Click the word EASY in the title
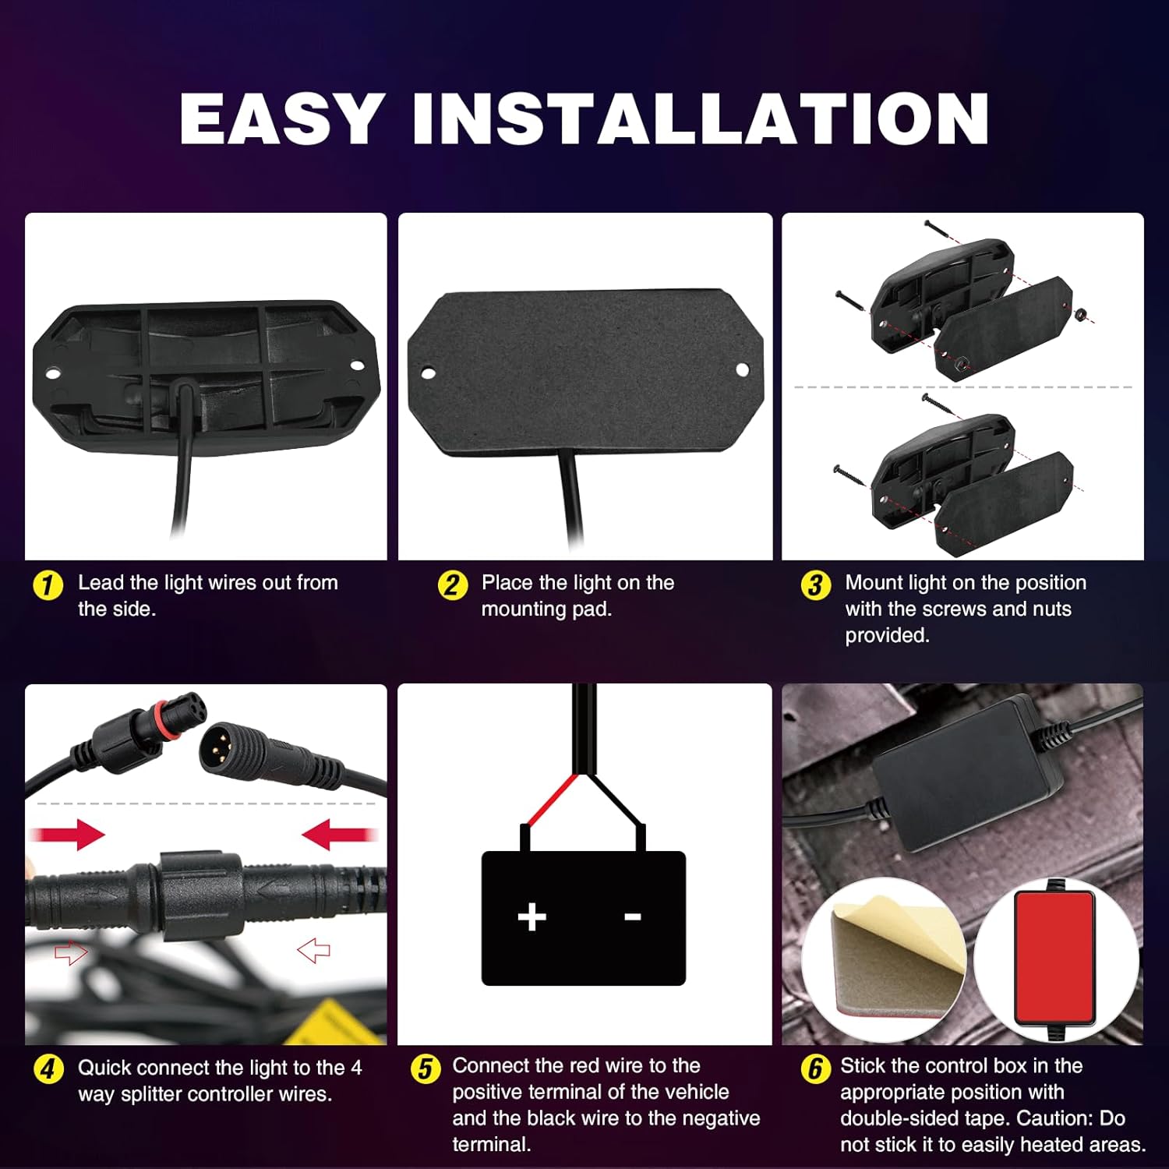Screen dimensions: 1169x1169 (281, 118)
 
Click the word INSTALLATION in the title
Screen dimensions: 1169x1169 (701, 118)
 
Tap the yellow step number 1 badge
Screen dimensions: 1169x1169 (48, 584)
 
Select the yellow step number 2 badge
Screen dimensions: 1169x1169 (452, 584)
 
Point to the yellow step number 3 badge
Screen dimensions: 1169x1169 (815, 584)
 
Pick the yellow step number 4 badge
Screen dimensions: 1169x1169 (48, 1068)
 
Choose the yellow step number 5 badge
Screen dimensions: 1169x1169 (425, 1068)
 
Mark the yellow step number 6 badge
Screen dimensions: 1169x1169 (815, 1068)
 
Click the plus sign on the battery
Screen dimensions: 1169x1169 (532, 916)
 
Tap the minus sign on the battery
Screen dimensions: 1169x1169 (633, 916)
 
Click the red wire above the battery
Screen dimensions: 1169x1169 (550, 800)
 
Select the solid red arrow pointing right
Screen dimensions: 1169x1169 (68, 835)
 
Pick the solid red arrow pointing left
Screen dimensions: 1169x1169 (339, 835)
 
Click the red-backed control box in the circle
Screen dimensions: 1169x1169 (1055, 958)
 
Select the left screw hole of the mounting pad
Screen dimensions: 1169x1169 (428, 373)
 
